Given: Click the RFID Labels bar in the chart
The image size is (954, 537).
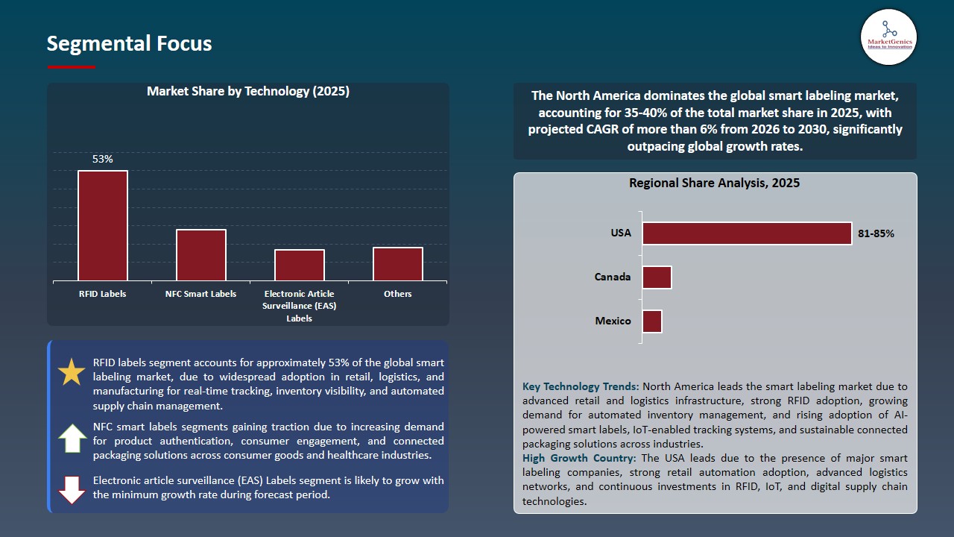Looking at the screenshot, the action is coord(103,225).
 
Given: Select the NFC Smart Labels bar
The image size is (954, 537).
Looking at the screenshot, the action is coord(201,255).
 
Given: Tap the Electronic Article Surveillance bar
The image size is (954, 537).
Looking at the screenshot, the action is coord(300,265).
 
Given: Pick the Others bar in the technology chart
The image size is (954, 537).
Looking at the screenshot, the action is coord(398,264).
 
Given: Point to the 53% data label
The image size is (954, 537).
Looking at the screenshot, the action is coord(103,159).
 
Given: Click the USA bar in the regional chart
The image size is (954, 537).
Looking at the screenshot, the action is coord(747,233).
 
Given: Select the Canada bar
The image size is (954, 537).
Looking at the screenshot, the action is coord(657,277).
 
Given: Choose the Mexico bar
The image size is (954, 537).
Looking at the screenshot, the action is coord(652,321).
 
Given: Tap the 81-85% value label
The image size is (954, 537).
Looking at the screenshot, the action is coord(876,233).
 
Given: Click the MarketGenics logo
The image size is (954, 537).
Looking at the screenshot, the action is coord(889,37).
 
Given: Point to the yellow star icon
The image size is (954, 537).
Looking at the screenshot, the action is coord(71,371).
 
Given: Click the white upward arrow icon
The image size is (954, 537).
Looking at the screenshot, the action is coord(72,438).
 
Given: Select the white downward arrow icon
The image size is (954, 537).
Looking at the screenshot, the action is coord(72,490).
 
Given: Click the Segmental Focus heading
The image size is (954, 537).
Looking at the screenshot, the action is coord(129,43).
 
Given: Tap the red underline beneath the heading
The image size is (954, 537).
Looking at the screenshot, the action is coord(71,67).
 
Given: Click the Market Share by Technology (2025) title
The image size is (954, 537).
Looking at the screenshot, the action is coord(248,91).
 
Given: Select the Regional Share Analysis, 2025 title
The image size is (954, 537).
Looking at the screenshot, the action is coord(714,183).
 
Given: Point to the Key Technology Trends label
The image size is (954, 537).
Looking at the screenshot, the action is coord(581,386).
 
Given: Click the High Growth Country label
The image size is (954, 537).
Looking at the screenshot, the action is coord(579,458).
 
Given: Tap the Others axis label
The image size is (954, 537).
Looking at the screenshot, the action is coord(398,294).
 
